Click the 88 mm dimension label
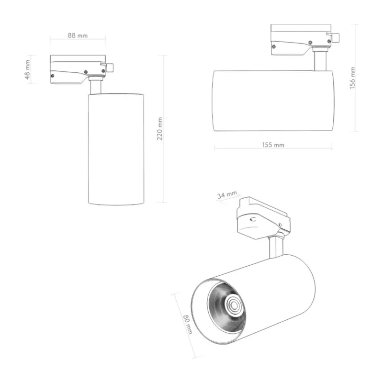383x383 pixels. pos(78,35)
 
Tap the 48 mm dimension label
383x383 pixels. pos(27,69)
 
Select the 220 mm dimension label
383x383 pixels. pos(159,129)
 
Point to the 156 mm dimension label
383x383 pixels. pos(352,78)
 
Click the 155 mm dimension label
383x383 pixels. pos(273,145)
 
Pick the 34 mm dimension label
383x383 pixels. pos(227,195)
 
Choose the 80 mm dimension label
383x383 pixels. pos(188,325)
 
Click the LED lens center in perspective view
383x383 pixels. pos(234,304)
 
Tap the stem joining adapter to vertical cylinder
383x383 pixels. pos(95,87)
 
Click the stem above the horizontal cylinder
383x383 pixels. pos(320,61)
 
